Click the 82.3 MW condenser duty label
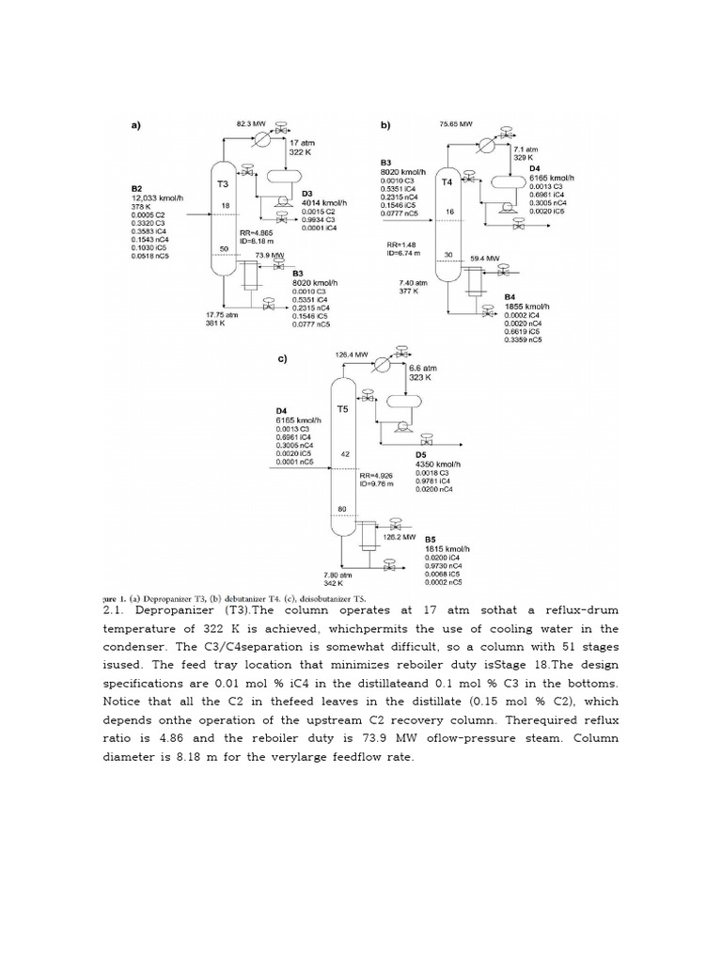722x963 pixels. click(252, 123)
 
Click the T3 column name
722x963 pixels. click(223, 184)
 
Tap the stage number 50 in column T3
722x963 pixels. click(223, 248)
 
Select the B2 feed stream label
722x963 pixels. click(137, 188)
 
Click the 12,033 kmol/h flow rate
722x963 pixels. click(155, 197)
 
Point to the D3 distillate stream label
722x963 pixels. click(306, 195)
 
